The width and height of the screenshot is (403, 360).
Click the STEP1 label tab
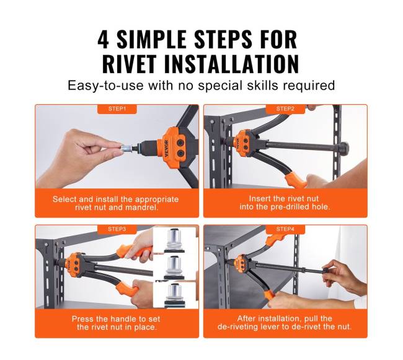[117, 109]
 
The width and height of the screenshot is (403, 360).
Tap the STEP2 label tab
[285, 109]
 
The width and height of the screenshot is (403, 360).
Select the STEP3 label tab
[117, 229]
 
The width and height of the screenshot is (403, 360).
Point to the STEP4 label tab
[285, 229]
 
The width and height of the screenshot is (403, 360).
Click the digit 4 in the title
[103, 39]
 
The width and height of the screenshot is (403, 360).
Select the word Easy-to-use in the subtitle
[105, 86]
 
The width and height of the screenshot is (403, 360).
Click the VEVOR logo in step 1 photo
[166, 149]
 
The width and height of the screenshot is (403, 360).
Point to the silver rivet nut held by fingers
[126, 148]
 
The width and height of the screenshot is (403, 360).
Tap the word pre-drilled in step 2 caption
[290, 207]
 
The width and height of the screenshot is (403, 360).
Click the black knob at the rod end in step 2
[343, 147]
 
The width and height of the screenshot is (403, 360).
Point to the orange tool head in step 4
[241, 263]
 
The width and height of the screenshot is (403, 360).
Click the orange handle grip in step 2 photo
[296, 180]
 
